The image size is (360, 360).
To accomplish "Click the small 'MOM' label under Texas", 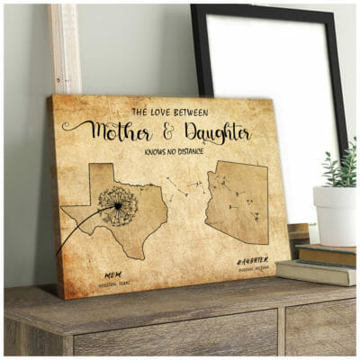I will click(112, 274).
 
